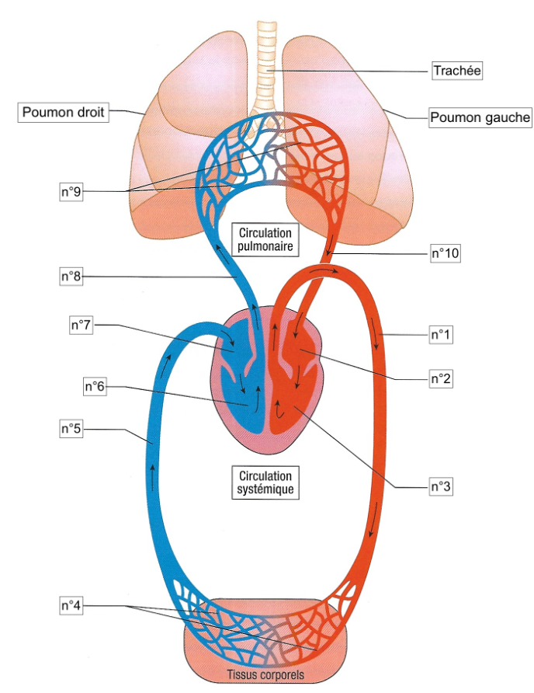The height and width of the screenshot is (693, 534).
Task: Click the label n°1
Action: tap(441, 335)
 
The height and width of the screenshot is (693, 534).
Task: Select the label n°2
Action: tap(441, 379)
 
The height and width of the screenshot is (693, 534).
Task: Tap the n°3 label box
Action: tap(441, 487)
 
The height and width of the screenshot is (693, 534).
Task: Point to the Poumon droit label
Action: tap(62, 113)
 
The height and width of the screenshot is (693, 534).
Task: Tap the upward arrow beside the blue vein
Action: tap(153, 475)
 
